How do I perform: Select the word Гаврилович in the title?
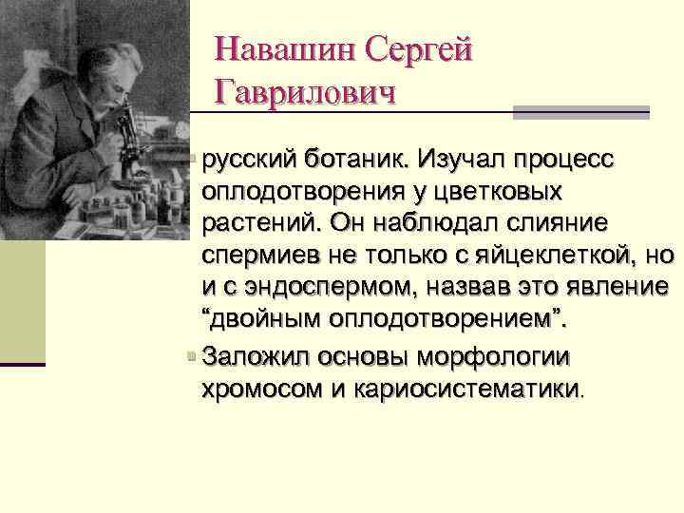tap(304, 92)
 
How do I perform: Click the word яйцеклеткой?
tap(558, 255)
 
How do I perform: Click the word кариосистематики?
tap(465, 389)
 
